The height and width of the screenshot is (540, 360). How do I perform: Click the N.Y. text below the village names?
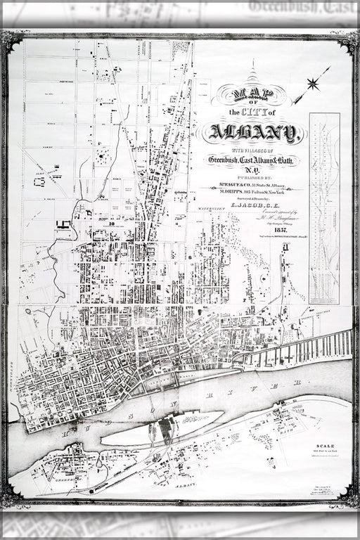point(252,171)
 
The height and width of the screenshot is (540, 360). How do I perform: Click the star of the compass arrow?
point(312,84)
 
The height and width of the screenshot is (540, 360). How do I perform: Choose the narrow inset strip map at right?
point(324,207)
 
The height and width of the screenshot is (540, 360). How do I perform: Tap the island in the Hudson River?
point(162,429)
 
